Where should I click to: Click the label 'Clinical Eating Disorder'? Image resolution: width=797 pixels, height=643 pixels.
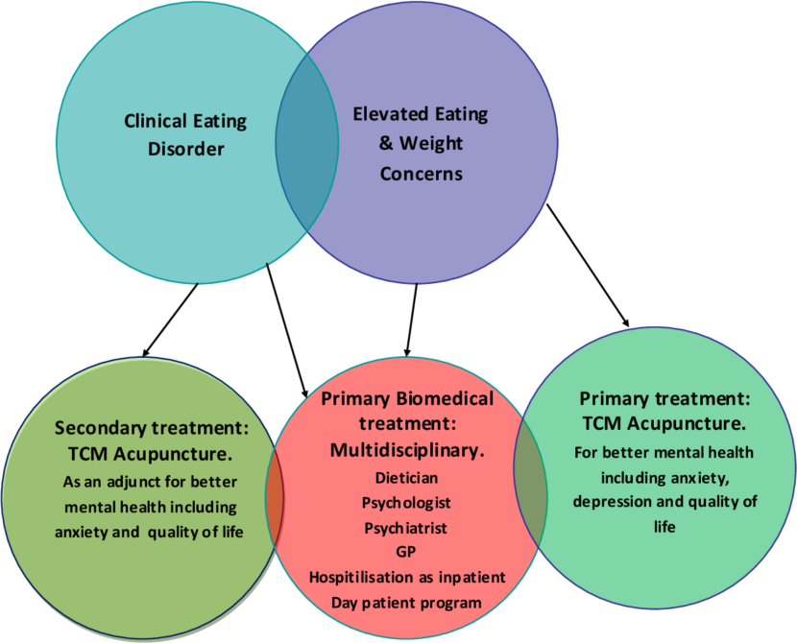184,135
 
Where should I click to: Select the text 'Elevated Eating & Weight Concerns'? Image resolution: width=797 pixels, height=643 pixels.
420,144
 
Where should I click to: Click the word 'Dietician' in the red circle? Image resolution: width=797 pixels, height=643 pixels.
406,477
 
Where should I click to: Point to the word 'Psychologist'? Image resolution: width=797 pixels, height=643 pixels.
406,502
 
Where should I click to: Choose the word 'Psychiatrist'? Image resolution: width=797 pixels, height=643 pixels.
406,527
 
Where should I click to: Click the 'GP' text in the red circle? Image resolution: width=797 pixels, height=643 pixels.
406,552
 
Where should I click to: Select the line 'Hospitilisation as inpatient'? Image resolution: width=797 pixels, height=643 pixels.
406,577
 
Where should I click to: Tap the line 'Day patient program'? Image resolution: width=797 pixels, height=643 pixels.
406,602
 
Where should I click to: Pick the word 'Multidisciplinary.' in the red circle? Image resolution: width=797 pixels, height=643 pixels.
406,448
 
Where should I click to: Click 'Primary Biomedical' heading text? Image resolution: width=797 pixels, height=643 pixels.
406,398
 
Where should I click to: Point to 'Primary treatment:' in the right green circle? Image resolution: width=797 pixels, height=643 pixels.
664,398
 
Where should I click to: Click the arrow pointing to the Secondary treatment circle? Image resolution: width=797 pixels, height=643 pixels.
170,318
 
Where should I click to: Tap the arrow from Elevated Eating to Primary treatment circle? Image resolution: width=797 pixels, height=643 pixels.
588,265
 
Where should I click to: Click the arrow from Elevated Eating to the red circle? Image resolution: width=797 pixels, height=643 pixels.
412,321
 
